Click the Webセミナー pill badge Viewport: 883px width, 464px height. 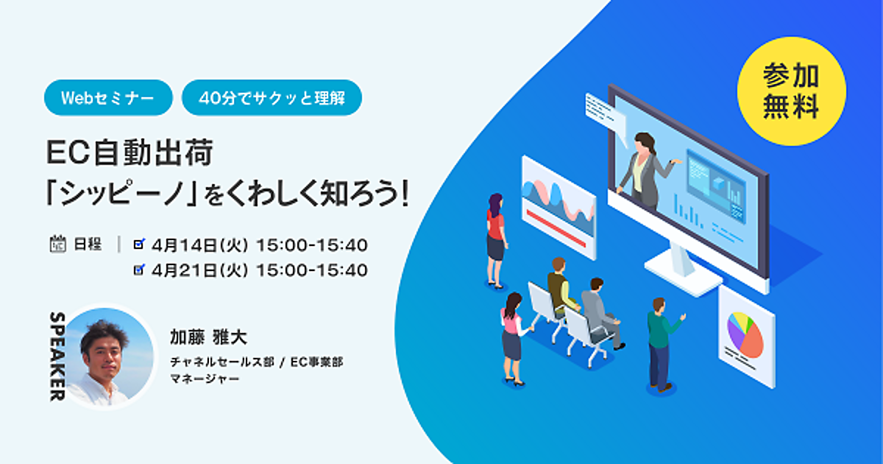[108, 98]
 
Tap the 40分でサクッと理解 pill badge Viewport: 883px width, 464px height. [272, 98]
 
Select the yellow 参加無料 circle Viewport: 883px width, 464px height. [791, 91]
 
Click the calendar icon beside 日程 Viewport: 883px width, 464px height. [58, 244]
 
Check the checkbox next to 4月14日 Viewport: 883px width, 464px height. [139, 245]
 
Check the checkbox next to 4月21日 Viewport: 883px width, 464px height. [139, 270]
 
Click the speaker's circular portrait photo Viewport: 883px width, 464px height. [109, 357]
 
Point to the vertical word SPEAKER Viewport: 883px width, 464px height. [57, 356]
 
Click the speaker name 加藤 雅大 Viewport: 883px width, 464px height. [208, 337]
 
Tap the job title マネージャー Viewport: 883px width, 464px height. [205, 379]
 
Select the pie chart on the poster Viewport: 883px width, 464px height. [745, 334]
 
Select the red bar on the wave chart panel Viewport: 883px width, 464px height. [556, 228]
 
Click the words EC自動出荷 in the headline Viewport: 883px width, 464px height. [130, 152]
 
